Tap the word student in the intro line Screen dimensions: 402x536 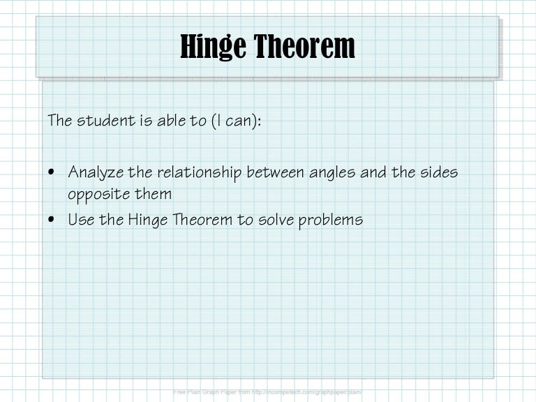[103, 120]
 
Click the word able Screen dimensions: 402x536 [170, 120]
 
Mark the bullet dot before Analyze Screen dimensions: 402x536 [54, 172]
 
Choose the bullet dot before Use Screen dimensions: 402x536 [54, 220]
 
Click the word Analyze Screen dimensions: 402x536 [94, 172]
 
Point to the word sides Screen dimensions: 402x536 [438, 172]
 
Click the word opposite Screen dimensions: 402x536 [96, 194]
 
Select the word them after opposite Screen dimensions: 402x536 [149, 193]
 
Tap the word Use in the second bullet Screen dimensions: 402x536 [80, 220]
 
